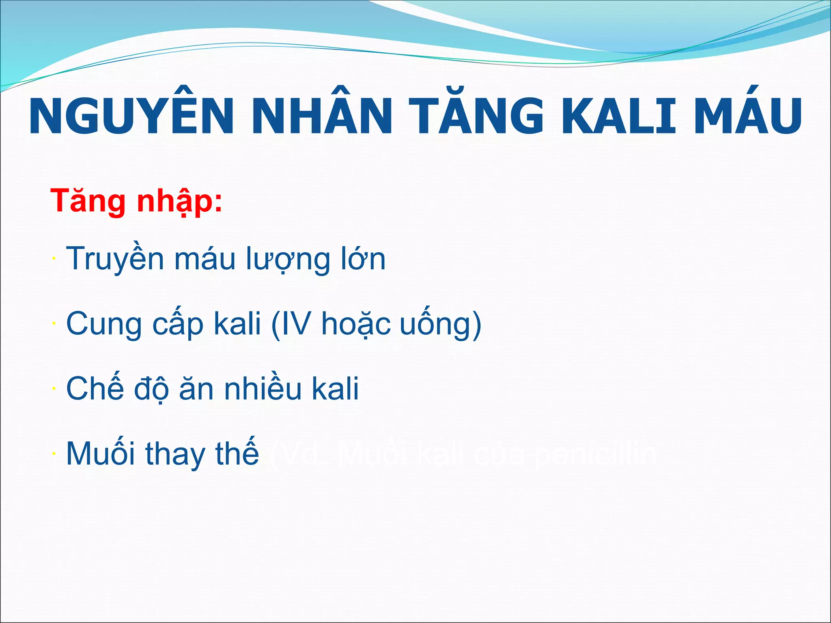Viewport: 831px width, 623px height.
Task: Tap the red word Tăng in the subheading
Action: point(88,200)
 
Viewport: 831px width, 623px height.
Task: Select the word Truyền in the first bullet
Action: point(114,259)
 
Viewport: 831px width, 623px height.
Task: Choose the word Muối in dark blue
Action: point(101,453)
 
